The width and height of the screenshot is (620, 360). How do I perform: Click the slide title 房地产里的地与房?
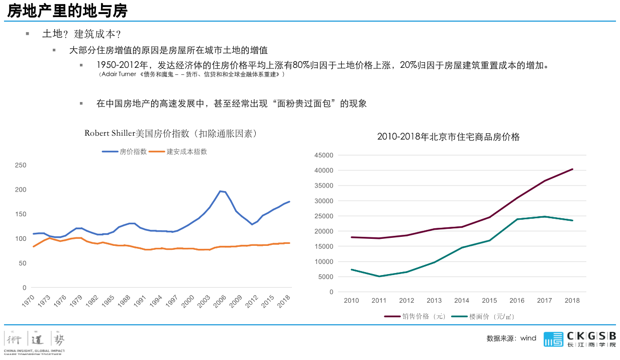pyautogui.click(x=67, y=11)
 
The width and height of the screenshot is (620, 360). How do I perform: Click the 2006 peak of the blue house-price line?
pyautogui.click(x=220, y=191)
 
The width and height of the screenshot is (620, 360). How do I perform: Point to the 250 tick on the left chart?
pyautogui.click(x=21, y=165)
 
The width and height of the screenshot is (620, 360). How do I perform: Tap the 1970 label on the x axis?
pyautogui.click(x=28, y=301)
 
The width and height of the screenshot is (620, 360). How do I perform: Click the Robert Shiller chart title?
pyautogui.click(x=171, y=133)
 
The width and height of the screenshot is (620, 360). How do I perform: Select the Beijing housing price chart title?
pyautogui.click(x=448, y=137)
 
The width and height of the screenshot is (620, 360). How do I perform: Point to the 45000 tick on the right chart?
pyautogui.click(x=324, y=155)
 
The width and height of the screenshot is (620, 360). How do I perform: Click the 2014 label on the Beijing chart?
pyautogui.click(x=462, y=301)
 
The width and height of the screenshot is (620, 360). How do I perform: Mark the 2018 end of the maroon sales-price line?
pyautogui.click(x=572, y=169)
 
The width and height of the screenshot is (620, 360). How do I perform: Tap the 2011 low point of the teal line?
pyautogui.click(x=379, y=276)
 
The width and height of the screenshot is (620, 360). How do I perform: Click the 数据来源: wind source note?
pyautogui.click(x=511, y=338)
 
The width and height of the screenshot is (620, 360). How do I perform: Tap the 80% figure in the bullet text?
pyautogui.click(x=301, y=65)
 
